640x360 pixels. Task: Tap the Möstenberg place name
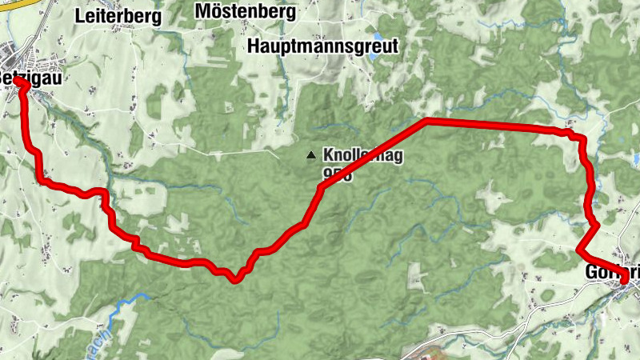click(245, 13)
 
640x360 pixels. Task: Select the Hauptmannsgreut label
click(322, 46)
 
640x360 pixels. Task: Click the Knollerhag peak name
click(362, 154)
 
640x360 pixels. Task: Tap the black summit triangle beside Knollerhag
click(310, 154)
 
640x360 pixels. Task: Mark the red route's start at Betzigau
click(18, 82)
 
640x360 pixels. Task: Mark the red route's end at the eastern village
click(623, 279)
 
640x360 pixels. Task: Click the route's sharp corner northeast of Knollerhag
click(427, 121)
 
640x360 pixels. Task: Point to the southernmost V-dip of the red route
click(234, 280)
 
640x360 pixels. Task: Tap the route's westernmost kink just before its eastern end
click(580, 250)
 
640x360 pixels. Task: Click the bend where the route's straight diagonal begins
click(320, 188)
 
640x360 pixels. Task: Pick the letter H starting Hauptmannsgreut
click(254, 46)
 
